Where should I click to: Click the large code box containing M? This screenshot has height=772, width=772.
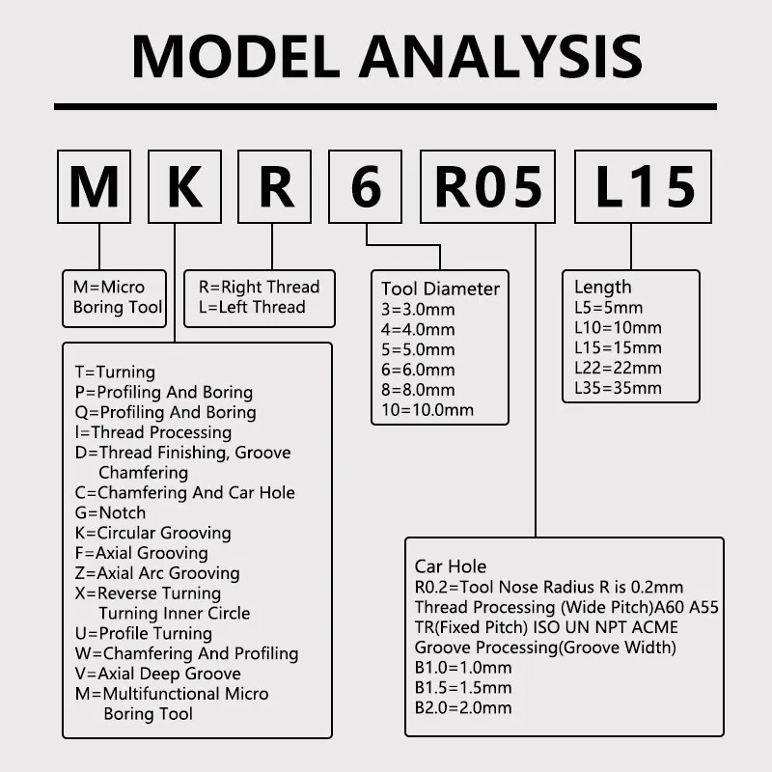tap(94, 187)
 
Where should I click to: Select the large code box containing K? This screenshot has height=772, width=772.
tap(184, 187)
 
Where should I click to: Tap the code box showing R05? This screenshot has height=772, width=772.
tap(488, 187)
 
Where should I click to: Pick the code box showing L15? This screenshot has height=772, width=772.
tap(644, 187)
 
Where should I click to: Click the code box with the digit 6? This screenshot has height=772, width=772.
tap(366, 187)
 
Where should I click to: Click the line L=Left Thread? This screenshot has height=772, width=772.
tap(252, 307)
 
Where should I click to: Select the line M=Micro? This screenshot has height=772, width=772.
tap(109, 287)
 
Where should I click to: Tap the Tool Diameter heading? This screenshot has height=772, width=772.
tap(440, 289)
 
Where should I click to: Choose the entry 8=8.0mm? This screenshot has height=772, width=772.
tap(418, 390)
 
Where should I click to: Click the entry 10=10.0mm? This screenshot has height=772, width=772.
tap(427, 410)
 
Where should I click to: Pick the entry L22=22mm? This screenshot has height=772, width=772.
tap(618, 368)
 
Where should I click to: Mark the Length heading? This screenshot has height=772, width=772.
tap(602, 287)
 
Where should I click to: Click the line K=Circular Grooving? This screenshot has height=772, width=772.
tap(152, 533)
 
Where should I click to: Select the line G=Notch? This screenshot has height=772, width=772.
tap(110, 512)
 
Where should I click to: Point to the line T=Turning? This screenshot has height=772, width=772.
tap(115, 372)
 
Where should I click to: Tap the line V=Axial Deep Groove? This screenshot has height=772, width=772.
tap(157, 674)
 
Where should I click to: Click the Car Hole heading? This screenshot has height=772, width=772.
tap(451, 566)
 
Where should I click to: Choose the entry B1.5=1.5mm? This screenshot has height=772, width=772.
tap(463, 688)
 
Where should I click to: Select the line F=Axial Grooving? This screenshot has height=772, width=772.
tap(141, 553)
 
